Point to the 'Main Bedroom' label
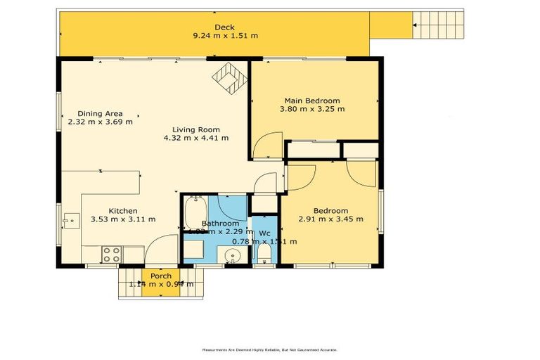tap(312, 101)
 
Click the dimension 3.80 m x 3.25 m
tap(312, 109)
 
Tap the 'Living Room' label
tap(195, 129)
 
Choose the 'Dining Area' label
tap(100, 113)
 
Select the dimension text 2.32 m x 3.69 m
tap(100, 122)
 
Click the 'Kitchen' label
tap(122, 211)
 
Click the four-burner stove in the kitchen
tap(112, 254)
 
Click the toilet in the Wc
tap(264, 254)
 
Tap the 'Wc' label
tap(264, 233)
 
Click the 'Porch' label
tap(161, 276)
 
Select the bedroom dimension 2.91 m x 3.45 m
tap(330, 219)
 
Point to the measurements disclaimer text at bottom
tap(270, 349)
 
